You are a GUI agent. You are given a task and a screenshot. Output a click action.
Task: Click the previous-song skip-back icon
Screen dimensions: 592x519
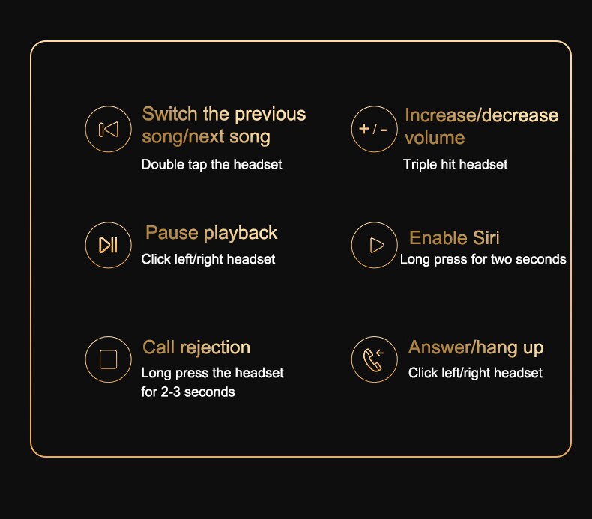click(x=109, y=129)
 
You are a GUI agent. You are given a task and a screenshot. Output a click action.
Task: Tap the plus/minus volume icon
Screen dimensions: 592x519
click(x=374, y=129)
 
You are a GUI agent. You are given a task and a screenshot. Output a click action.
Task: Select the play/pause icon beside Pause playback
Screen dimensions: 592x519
click(x=109, y=245)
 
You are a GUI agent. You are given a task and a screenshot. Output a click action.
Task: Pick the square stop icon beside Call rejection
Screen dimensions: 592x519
click(x=109, y=359)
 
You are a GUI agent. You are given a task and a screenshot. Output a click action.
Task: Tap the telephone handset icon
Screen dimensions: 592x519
click(x=374, y=359)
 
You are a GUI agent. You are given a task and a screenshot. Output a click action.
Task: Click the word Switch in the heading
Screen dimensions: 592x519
click(x=169, y=114)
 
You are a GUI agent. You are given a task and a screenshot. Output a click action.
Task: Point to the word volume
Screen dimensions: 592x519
click(x=435, y=138)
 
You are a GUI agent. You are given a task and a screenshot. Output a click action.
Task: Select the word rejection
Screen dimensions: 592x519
click(x=215, y=347)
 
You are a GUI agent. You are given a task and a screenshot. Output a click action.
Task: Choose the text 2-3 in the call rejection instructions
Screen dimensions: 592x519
click(x=171, y=392)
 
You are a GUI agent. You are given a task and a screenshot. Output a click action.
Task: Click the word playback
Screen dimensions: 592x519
click(x=241, y=234)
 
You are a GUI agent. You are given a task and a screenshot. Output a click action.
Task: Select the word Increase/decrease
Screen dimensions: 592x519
click(x=481, y=115)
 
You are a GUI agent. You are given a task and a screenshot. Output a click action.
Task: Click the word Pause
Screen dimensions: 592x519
click(x=172, y=232)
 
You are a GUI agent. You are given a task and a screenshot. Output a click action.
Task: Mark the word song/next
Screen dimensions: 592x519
click(x=183, y=136)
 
